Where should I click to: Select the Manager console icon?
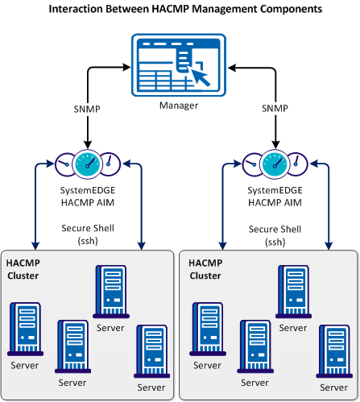click(x=180, y=68)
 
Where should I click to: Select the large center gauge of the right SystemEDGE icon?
click(x=274, y=164)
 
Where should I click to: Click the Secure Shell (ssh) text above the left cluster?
click(x=86, y=234)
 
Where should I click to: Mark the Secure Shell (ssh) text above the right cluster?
click(x=275, y=234)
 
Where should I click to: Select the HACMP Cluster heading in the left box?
click(x=26, y=269)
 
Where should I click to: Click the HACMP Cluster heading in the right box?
click(x=208, y=269)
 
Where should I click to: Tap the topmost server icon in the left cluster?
click(x=109, y=291)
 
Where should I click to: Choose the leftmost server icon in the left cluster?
click(x=24, y=329)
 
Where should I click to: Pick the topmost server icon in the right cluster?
click(x=292, y=291)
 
